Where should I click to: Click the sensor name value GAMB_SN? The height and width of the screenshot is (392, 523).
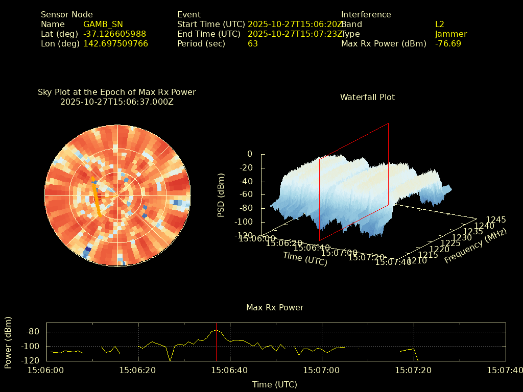tap(103, 24)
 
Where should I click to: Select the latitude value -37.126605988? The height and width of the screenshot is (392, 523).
tap(114, 34)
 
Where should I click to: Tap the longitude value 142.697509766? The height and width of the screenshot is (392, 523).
tap(115, 44)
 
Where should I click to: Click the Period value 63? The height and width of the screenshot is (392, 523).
tap(253, 44)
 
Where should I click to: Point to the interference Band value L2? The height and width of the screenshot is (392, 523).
tap(439, 24)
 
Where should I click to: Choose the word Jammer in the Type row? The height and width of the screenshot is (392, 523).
tap(451, 34)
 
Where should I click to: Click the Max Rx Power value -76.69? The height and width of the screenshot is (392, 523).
tap(448, 44)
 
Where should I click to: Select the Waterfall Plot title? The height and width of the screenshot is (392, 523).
tap(367, 97)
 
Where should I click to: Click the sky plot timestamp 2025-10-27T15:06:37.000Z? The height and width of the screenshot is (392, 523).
tap(117, 102)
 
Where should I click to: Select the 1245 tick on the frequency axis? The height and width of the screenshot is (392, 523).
tap(496, 219)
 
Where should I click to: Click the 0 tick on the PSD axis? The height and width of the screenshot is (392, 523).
tap(249, 154)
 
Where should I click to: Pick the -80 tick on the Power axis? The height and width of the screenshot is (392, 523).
tap(34, 332)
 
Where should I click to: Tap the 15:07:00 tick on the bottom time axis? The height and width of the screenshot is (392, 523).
tap(321, 370)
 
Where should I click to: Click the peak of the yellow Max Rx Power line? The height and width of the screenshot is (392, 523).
tap(217, 330)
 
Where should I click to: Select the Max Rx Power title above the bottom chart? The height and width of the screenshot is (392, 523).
tap(275, 307)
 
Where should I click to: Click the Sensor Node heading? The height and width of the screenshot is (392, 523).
tap(67, 15)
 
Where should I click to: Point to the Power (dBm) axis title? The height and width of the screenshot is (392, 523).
tap(8, 342)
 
